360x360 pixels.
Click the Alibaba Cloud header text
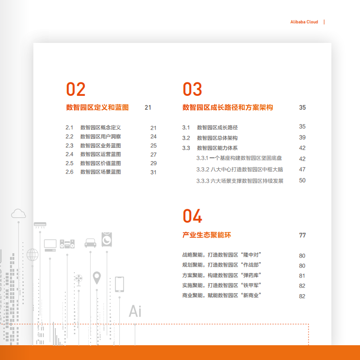[x=304, y=22]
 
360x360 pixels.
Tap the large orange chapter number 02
[x=76, y=89]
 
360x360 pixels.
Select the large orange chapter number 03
[x=193, y=89]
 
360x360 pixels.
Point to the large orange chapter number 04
[x=193, y=216]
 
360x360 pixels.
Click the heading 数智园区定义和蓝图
[x=97, y=107]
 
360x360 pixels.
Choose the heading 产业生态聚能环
[x=206, y=235]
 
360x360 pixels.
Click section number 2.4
[x=69, y=154]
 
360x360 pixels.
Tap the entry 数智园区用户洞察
[x=101, y=136]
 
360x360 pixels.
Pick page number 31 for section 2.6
[x=154, y=172]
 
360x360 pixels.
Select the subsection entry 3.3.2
[x=239, y=169]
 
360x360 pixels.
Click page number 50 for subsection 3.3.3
[x=302, y=180]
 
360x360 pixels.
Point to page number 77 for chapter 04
[x=302, y=235]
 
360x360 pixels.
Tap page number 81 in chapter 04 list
[x=302, y=276]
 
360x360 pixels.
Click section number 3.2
[x=186, y=138]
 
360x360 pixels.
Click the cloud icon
[x=19, y=214]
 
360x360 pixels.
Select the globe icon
[x=32, y=255]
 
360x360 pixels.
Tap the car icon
[x=91, y=243]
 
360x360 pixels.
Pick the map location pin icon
[x=97, y=278]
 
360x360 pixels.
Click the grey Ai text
[x=135, y=311]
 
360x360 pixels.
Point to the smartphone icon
[x=119, y=284]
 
